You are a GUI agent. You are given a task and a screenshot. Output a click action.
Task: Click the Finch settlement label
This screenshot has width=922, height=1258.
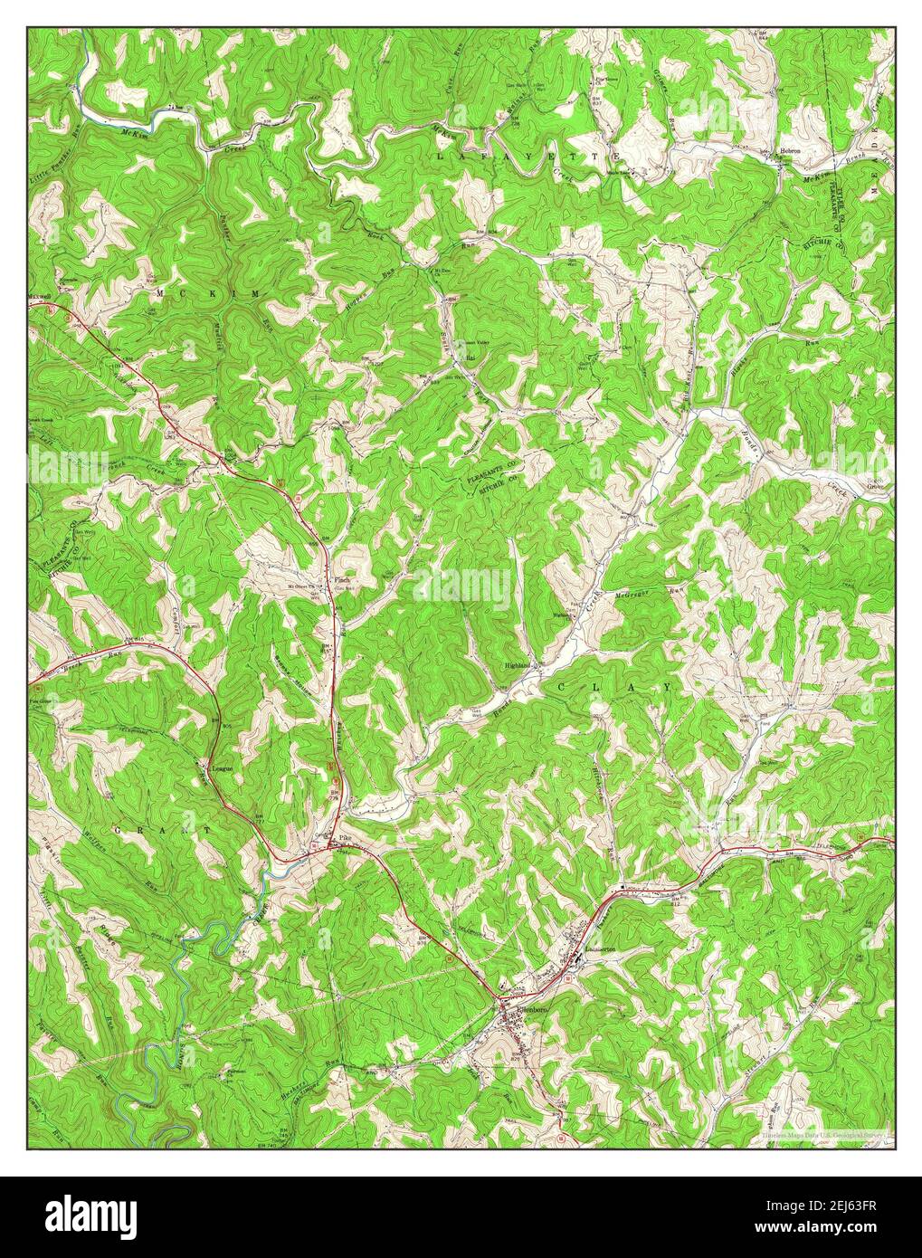(343, 580)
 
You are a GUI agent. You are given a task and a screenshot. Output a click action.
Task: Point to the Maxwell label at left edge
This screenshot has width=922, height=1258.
(42, 295)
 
